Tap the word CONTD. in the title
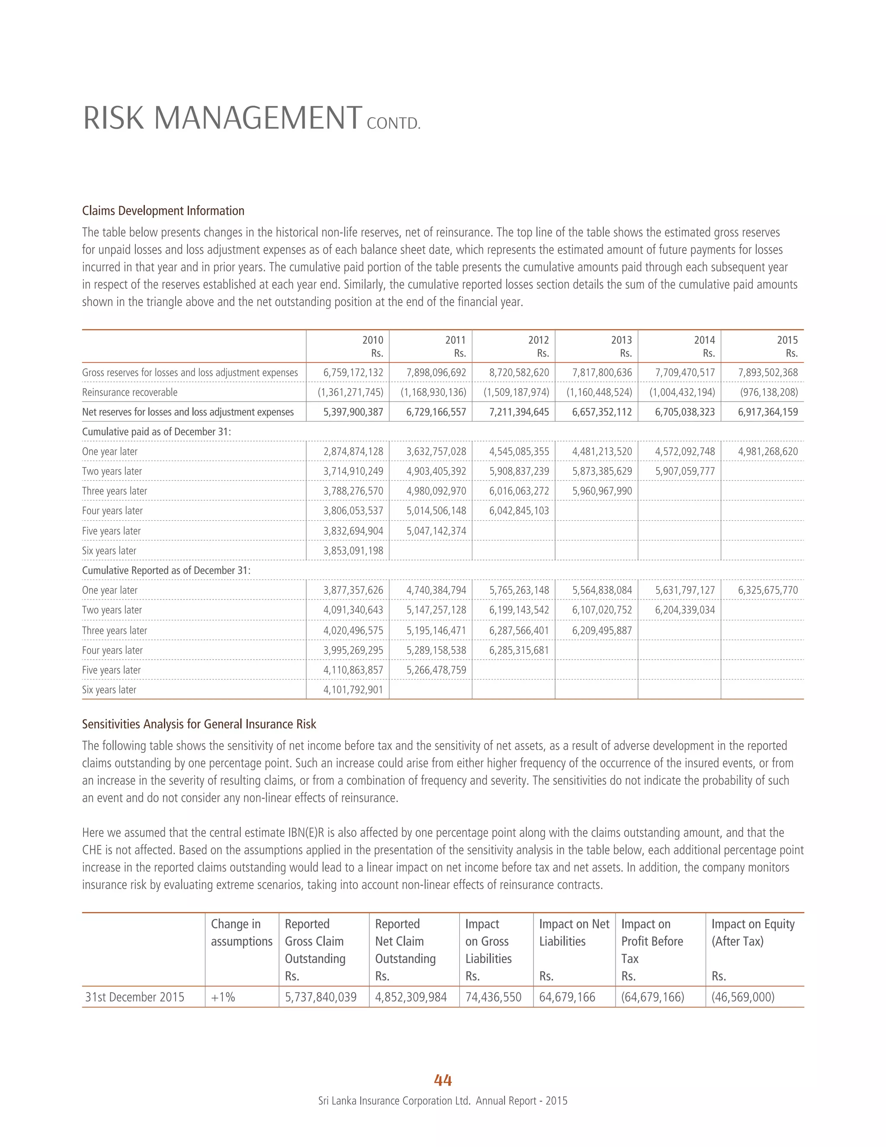[394, 124]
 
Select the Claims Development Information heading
[163, 211]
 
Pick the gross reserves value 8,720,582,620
[519, 372]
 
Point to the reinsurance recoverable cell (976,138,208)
[768, 392]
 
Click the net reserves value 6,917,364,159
[767, 412]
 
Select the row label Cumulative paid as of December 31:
[157, 432]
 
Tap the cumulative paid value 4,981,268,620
[767, 451]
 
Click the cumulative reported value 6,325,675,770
[767, 590]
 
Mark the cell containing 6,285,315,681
[519, 650]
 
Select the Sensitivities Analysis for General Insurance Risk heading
[199, 724]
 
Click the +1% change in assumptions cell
[223, 997]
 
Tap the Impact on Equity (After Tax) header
[753, 932]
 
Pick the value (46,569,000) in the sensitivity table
[743, 997]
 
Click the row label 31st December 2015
[135, 997]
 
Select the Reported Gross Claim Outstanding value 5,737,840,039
[320, 997]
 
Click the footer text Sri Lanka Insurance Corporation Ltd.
[394, 1101]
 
